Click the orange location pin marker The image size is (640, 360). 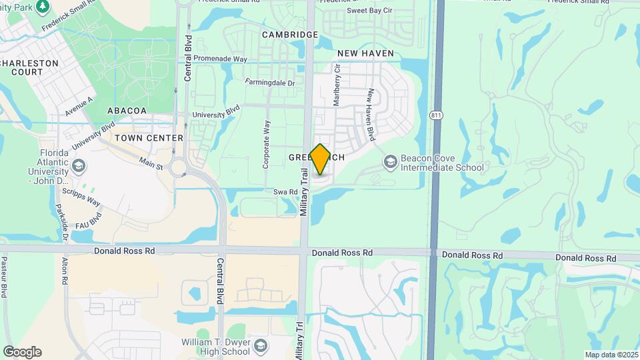[320, 159]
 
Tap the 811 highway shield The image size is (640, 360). [436, 115]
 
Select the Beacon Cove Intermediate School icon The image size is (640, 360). [390, 162]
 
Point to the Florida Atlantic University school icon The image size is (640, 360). [79, 165]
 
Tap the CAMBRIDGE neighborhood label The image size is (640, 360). [290, 35]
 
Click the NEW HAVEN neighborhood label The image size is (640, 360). [365, 53]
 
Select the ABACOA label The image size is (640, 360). [127, 111]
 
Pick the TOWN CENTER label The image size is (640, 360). [149, 138]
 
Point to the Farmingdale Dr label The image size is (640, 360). [269, 83]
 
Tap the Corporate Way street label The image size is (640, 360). [267, 144]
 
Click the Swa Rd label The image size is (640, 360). [285, 192]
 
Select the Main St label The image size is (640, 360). [151, 162]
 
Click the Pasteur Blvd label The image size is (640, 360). [4, 276]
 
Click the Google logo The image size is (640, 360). [22, 352]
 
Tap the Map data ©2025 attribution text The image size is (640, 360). [611, 355]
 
